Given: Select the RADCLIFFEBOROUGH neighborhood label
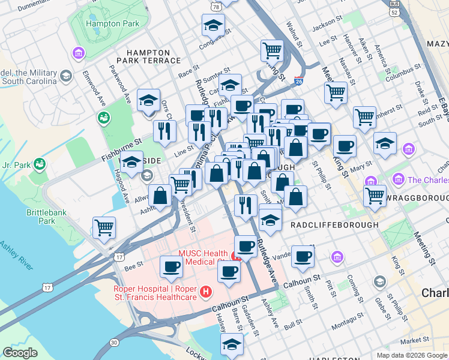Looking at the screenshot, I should (334, 224).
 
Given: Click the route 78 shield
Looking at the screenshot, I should (215, 5).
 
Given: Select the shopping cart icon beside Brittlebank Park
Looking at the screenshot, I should (104, 228).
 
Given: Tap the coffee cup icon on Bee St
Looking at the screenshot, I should (171, 266).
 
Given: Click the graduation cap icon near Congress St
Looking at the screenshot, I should (213, 25).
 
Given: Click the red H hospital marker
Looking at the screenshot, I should (206, 292).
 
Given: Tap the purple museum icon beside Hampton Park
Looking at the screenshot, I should (78, 53).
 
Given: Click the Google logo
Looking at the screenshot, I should (20, 353).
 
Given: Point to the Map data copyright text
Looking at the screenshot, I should (411, 355).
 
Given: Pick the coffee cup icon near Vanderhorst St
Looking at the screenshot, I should (303, 257).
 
